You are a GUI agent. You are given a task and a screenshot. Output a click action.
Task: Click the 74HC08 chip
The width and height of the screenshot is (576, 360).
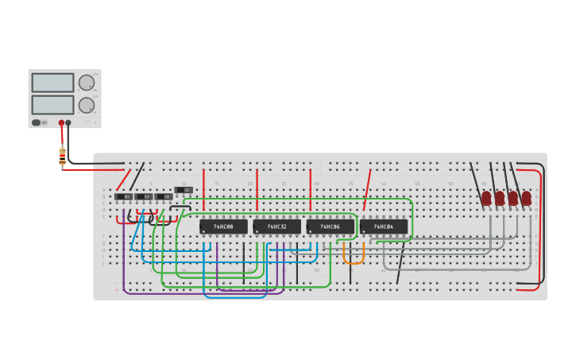point(223,226)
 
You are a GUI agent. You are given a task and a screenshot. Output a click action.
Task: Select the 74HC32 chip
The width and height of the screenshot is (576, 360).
point(276,226)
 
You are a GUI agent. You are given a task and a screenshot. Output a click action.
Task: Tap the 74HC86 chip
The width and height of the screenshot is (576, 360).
point(330,226)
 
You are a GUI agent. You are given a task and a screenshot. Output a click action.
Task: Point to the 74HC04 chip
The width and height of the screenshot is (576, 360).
point(384,226)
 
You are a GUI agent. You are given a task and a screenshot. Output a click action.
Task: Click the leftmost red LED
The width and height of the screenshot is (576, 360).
point(486,197)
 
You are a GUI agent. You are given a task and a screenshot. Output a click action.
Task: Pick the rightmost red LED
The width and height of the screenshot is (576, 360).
point(526,197)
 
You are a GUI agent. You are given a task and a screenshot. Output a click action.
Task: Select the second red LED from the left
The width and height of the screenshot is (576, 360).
point(500,197)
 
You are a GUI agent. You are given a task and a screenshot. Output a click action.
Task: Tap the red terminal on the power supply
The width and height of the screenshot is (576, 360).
point(61,123)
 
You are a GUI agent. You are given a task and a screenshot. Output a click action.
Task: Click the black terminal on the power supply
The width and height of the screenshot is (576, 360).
point(68,123)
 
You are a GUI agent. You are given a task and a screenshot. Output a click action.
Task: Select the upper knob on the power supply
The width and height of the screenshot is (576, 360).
point(86,82)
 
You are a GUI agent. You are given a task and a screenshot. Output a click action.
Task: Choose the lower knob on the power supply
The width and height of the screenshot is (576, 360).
point(86,104)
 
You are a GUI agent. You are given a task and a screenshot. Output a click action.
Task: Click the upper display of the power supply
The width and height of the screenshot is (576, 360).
point(52,83)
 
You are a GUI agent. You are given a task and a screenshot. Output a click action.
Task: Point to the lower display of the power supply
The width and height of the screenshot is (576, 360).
point(52,105)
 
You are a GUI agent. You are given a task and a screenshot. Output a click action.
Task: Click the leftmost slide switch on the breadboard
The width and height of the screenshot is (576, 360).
point(123,196)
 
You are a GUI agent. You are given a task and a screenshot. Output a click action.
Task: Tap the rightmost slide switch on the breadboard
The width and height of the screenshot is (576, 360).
point(184,190)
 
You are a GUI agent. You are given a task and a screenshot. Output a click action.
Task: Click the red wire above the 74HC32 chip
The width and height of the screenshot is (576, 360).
point(257,189)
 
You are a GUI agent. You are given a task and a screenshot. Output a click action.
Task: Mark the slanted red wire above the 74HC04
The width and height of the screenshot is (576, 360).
point(367,189)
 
